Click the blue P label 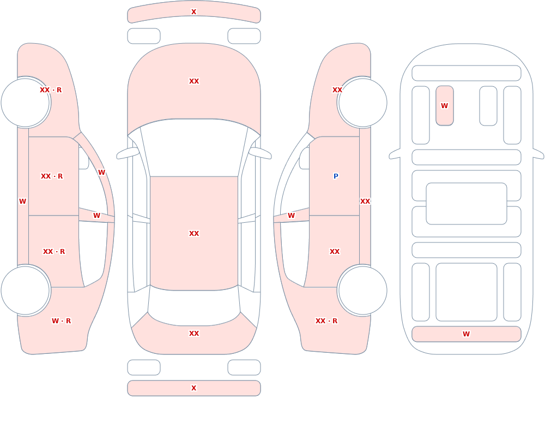point(336,176)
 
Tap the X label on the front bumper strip point(194,12)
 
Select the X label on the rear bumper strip point(194,388)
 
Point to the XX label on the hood point(194,81)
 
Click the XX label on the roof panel point(194,233)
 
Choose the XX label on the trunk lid point(194,334)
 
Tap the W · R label point(61,321)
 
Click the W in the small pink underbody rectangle point(445,105)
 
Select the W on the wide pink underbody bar point(466,334)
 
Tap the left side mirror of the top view point(128,153)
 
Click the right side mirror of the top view point(260,153)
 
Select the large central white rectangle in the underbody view point(467,204)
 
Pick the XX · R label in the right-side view point(326,321)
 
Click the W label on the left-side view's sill point(22,201)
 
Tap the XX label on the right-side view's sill point(365,201)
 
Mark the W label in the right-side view point(291,216)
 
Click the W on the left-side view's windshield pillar point(101,173)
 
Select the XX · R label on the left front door point(52,176)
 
